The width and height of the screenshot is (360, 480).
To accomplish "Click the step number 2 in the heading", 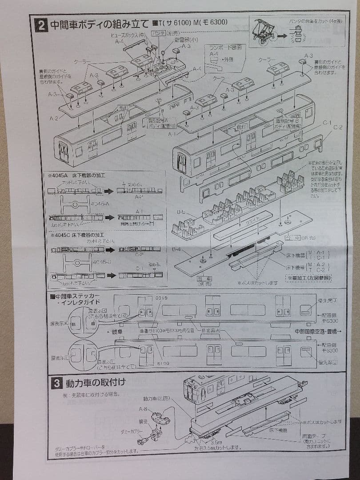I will (x=41, y=24).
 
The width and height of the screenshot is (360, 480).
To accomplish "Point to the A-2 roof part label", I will (x=54, y=118).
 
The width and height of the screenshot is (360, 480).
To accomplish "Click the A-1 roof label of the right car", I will (x=172, y=133).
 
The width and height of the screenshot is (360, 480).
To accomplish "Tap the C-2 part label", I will (x=338, y=128).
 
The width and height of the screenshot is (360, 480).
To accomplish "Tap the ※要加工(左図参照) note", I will (x=310, y=278).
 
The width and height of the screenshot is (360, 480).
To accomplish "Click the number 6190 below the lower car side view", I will (x=164, y=363).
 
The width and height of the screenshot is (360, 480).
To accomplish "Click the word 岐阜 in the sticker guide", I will (x=117, y=332).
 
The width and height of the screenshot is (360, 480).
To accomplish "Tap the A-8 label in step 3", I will (x=143, y=409).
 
